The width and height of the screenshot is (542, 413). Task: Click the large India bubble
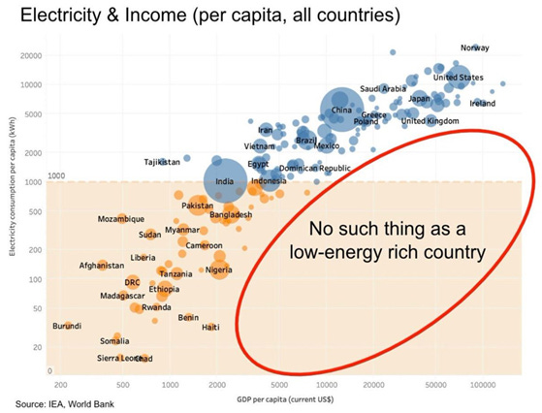[x=224, y=181]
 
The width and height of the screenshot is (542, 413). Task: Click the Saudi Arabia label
[x=383, y=88]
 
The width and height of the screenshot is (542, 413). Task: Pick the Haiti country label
[x=209, y=327]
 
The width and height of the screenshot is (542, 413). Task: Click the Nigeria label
[x=218, y=269]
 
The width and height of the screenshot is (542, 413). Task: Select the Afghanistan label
[x=102, y=265]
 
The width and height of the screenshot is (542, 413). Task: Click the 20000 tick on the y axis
[x=32, y=55]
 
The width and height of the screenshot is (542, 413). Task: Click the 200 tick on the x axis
[x=61, y=384]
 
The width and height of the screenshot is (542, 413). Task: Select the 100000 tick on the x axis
[x=483, y=384]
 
